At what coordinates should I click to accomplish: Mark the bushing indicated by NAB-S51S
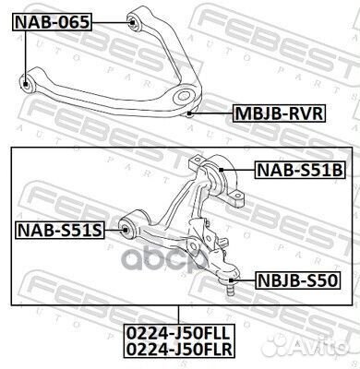130,227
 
